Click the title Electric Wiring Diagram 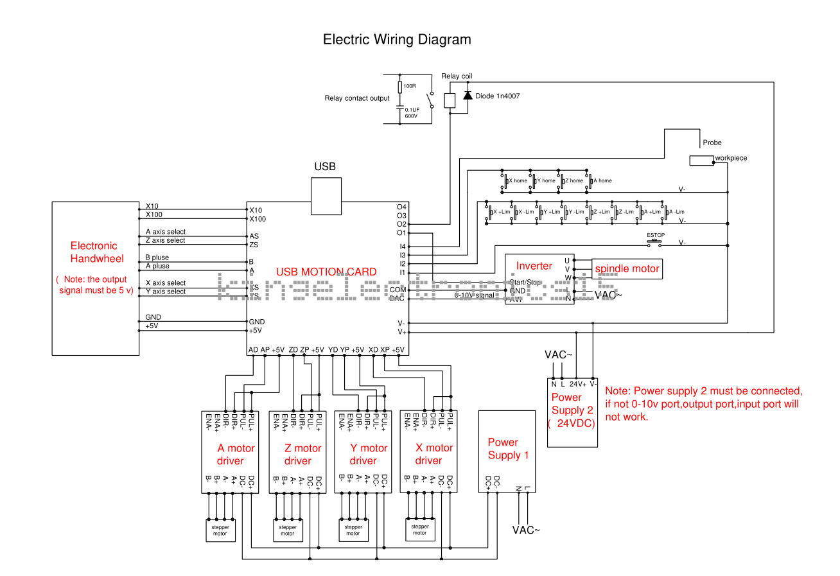click(397, 40)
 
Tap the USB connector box click(326, 196)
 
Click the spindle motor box click(627, 268)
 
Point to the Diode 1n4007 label click(498, 96)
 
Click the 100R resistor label click(410, 85)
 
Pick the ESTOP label click(656, 236)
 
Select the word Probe click(712, 143)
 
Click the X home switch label click(518, 181)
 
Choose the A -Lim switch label click(677, 212)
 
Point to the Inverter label click(534, 265)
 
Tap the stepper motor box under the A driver click(220, 530)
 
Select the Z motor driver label click(302, 455)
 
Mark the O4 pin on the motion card click(402, 207)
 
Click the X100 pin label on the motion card click(258, 219)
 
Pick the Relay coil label click(457, 76)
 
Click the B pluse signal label click(157, 257)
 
